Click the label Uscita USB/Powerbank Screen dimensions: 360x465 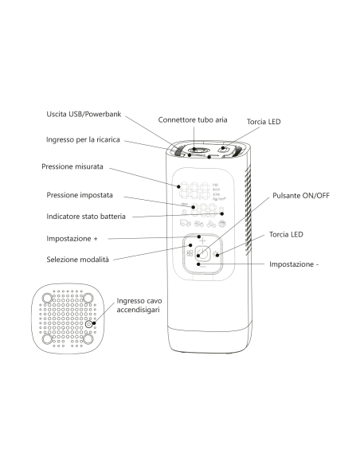pos(84,114)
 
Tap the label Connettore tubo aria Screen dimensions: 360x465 pos(193,119)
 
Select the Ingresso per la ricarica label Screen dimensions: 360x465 pos(83,139)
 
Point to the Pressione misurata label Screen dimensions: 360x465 pos(72,166)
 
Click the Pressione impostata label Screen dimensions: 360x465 pos(80,195)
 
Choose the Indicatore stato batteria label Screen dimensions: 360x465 pos(86,217)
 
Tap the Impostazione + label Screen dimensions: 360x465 pos(72,239)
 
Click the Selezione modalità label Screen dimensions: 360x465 pos(78,260)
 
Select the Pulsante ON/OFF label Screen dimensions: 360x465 pos(301,196)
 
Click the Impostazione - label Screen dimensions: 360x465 pos(294,264)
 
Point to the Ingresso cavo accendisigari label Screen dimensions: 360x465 pos(139,305)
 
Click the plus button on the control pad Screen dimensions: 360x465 pos(202,240)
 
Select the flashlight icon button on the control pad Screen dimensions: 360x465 pos(216,254)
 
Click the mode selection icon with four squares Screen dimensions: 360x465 pos(190,253)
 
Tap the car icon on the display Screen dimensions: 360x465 pos(186,223)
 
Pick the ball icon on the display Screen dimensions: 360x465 pos(222,224)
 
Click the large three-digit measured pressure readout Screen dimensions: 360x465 pos(196,191)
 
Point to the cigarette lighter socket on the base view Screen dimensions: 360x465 pos(88,324)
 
